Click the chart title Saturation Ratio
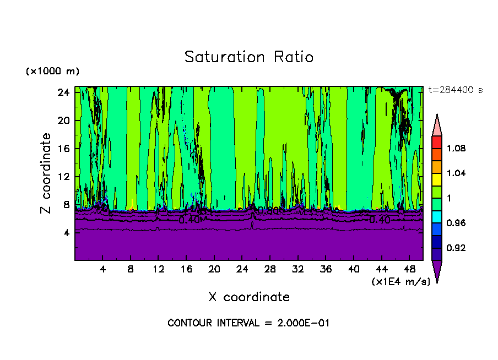pyautogui.click(x=249, y=57)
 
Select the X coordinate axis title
pyautogui.click(x=249, y=297)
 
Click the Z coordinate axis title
pyautogui.click(x=46, y=173)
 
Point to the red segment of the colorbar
pyautogui.click(x=437, y=142)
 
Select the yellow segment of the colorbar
pyautogui.click(x=437, y=179)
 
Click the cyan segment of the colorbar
pyautogui.click(x=437, y=216)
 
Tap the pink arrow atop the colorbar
pyautogui.click(x=437, y=124)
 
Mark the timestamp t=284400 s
pyautogui.click(x=455, y=90)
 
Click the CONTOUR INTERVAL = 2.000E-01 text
pyautogui.click(x=248, y=323)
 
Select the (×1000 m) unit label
pyautogui.click(x=52, y=72)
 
